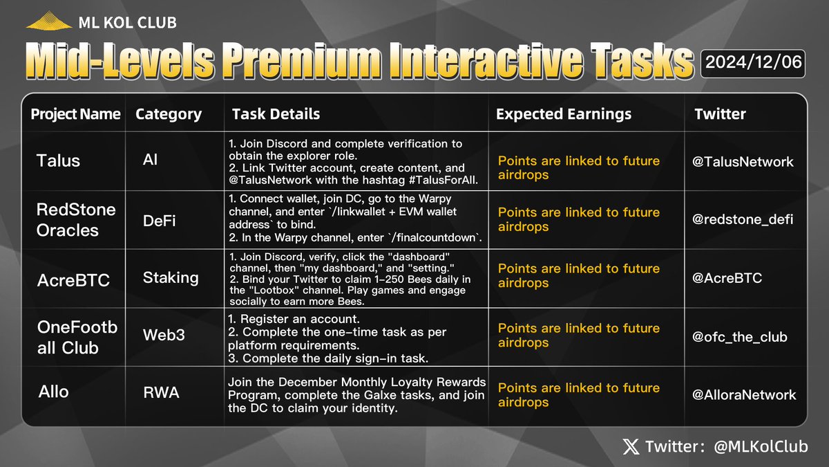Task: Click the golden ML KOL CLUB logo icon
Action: (49, 22)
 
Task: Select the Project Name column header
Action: (75, 114)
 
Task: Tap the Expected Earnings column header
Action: (563, 114)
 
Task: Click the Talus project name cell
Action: (58, 161)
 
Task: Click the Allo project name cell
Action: (53, 392)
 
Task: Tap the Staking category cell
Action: (170, 277)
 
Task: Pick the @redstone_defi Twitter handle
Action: (743, 219)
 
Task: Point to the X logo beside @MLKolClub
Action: (631, 447)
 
